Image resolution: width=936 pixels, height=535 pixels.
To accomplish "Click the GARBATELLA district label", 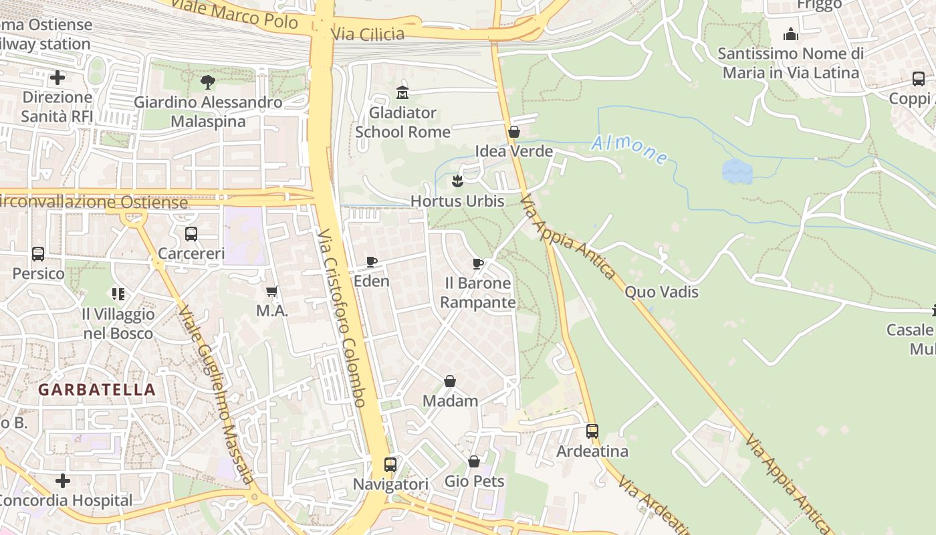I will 97,389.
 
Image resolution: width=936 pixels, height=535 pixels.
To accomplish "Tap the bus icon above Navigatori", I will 390,464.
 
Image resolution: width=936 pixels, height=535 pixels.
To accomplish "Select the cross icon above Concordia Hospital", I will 63,480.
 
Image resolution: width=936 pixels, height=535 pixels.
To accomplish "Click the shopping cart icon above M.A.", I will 271,291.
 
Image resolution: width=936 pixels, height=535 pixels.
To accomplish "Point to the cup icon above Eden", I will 372,261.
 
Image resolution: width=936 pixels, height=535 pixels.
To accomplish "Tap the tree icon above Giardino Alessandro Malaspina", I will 208,82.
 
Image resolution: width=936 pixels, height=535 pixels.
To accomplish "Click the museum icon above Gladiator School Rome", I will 402,92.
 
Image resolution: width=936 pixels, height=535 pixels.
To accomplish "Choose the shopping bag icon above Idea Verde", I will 514,132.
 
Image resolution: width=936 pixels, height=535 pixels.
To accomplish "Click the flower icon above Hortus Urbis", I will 457,181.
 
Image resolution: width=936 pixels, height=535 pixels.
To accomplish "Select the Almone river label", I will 629,149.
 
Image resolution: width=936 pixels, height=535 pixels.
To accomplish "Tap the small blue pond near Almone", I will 737,171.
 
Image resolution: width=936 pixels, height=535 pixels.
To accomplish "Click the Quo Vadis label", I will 661,292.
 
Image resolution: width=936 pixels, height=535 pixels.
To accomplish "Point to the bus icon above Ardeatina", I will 592,431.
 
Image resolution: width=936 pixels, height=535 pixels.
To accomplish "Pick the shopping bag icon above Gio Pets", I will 474,461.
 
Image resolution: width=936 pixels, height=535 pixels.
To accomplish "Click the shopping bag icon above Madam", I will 450,381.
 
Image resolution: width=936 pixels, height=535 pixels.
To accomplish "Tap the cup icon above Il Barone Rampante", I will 478,263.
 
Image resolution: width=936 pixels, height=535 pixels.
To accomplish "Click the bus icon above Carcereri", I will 191,234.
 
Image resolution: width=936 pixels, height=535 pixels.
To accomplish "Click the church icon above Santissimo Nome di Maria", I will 791,33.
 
